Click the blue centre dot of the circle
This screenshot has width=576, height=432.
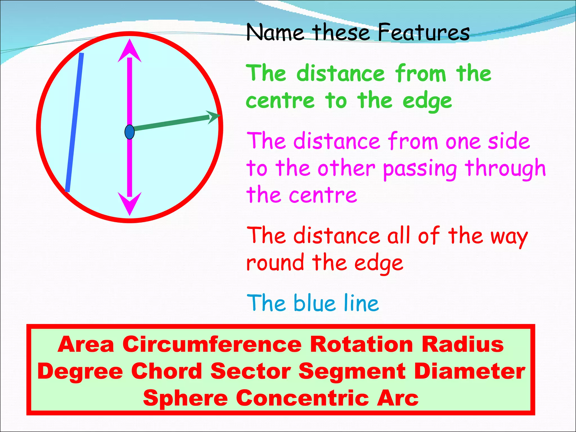pyautogui.click(x=129, y=132)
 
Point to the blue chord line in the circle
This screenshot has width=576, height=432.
pyautogui.click(x=74, y=122)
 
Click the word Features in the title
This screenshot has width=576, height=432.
pyautogui.click(x=423, y=33)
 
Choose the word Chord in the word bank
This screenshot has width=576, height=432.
pyautogui.click(x=166, y=371)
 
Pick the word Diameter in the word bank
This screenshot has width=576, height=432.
pyautogui.click(x=469, y=371)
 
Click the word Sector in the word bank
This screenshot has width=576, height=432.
pyautogui.click(x=251, y=371)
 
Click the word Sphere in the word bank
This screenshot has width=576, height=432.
pyautogui.click(x=185, y=398)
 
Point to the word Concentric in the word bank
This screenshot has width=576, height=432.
pyautogui.click(x=302, y=398)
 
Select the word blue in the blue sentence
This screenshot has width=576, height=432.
pyautogui.click(x=314, y=303)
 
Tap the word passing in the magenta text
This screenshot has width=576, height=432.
pyautogui.click(x=420, y=169)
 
